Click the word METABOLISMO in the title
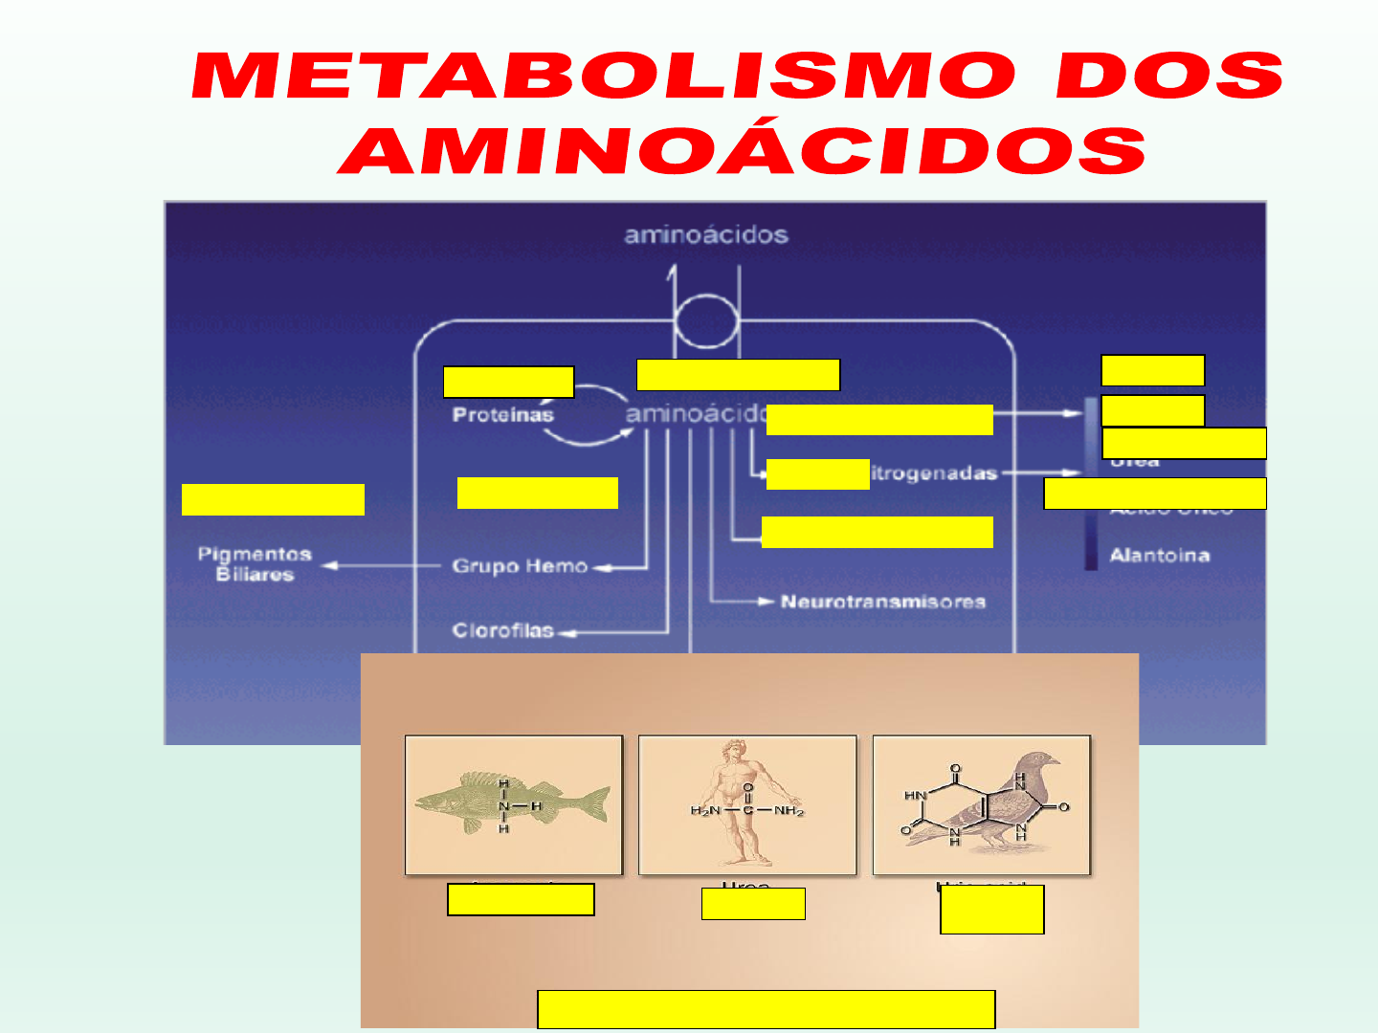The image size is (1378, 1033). coord(603,77)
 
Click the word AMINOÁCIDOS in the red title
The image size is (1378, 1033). coord(743,151)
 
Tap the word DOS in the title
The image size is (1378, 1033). coord(1169,77)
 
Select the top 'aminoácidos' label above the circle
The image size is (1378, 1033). coord(706,235)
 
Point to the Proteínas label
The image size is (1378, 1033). coord(502,415)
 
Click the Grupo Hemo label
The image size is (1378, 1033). coord(520,566)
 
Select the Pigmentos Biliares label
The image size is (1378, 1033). coord(255,564)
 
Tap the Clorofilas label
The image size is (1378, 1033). coord(503,630)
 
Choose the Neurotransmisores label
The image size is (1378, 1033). coord(882,602)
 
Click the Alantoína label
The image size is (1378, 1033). coord(1159,556)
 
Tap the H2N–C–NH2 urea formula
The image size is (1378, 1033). coord(747,811)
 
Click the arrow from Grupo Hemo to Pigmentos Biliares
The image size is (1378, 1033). coord(383,566)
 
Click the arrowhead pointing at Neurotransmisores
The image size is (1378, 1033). coord(766,602)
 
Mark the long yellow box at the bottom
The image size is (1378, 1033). coord(767,1009)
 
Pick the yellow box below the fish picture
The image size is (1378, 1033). coord(521,900)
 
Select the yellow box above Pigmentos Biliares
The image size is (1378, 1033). coord(273,499)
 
